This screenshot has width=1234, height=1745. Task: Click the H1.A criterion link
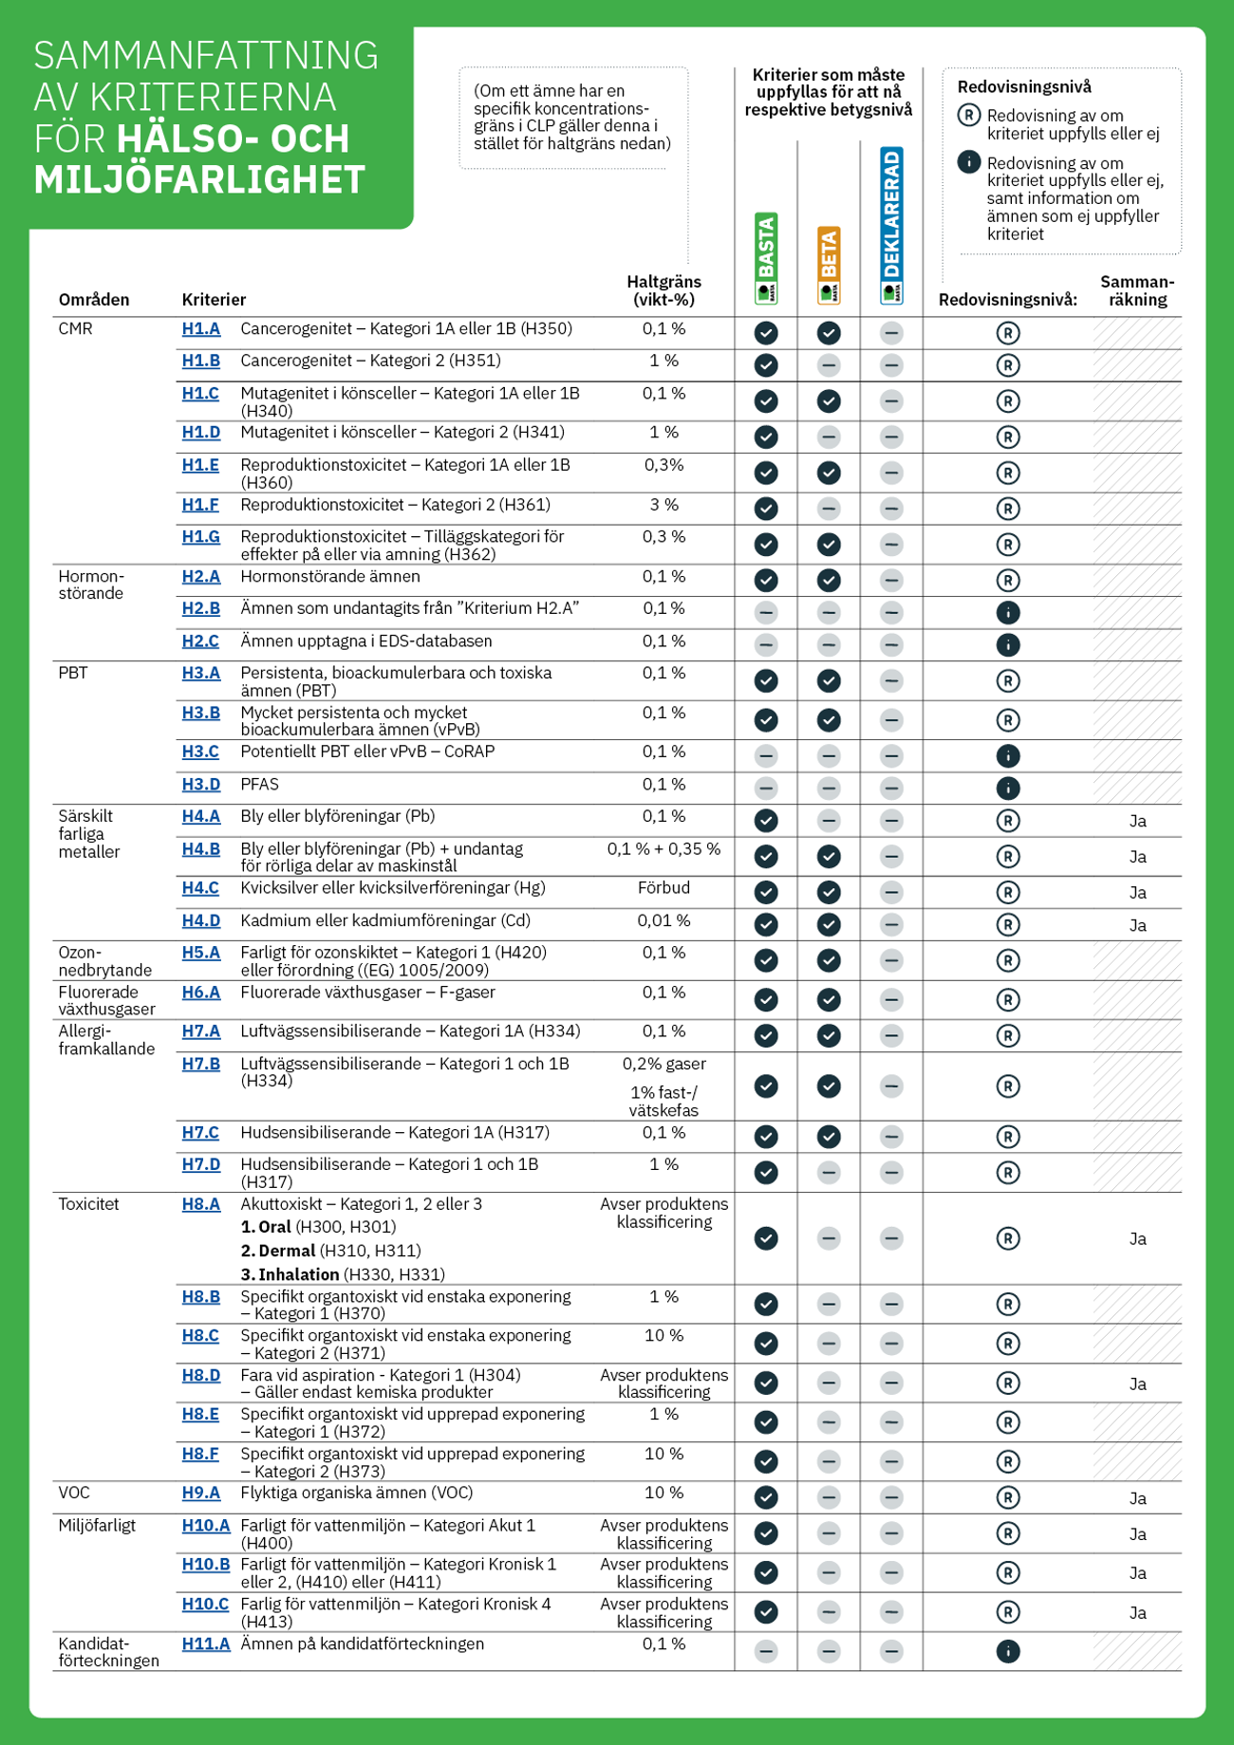click(x=200, y=329)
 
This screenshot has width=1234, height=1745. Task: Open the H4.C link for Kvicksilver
click(x=200, y=888)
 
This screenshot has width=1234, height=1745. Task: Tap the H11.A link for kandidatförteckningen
click(x=205, y=1643)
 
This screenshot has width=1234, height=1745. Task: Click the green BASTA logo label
click(x=766, y=257)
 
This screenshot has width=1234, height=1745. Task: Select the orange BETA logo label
click(x=829, y=265)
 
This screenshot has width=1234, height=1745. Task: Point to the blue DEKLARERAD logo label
click(x=891, y=225)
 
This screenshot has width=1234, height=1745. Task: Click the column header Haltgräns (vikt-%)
click(x=664, y=290)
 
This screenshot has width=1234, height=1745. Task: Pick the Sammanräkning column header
click(x=1137, y=290)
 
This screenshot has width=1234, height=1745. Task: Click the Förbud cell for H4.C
click(x=664, y=888)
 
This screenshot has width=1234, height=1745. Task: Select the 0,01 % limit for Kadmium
click(x=664, y=920)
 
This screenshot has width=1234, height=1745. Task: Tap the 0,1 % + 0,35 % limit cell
click(x=664, y=849)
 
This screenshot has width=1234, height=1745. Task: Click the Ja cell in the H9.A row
click(x=1137, y=1498)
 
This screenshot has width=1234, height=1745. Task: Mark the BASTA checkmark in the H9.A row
click(x=766, y=1497)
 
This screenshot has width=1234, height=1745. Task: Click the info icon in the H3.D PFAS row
click(x=1008, y=788)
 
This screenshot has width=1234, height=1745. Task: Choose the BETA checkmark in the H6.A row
click(x=829, y=999)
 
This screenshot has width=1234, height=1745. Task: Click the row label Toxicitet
click(x=88, y=1204)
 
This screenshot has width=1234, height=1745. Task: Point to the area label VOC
click(x=74, y=1493)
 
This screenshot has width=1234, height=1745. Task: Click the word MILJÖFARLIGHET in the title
click(x=199, y=180)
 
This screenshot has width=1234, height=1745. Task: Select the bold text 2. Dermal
click(x=278, y=1251)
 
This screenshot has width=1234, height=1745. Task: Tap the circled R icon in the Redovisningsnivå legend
click(x=968, y=116)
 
